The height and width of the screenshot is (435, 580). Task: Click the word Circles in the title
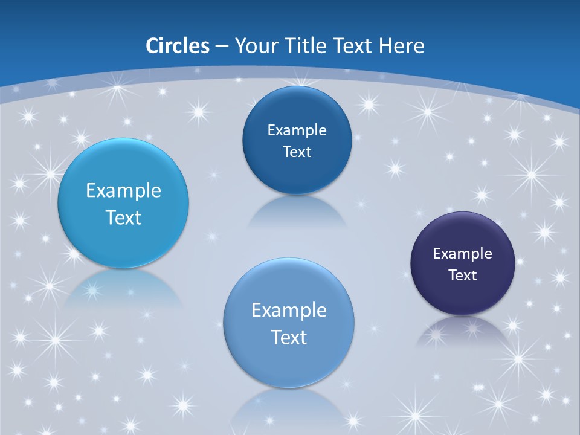(178, 46)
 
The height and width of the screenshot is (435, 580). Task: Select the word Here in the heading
(402, 46)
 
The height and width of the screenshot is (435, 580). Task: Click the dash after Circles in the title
(221, 47)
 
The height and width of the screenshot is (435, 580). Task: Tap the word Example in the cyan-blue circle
(123, 191)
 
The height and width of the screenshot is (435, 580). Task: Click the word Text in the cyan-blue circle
(123, 217)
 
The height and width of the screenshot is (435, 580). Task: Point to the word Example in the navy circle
(463, 254)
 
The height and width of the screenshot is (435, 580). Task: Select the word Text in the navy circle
(463, 275)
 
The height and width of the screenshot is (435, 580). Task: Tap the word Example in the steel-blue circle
(289, 311)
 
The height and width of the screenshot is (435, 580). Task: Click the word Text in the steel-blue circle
(289, 337)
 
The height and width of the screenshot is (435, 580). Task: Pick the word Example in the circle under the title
(297, 130)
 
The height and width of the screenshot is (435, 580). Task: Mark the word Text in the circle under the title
(297, 152)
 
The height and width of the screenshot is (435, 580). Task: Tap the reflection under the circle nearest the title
(297, 211)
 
